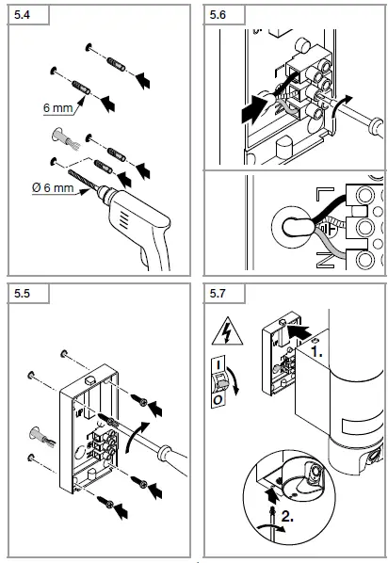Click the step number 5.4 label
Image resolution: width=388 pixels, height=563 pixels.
point(22,15)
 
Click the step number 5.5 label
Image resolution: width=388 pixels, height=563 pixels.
point(22,294)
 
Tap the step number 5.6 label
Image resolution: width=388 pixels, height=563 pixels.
point(218,15)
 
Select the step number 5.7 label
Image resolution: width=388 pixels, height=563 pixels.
point(218,294)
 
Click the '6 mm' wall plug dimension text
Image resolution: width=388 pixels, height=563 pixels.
point(57,107)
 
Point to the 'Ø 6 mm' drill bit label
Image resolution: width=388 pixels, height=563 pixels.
point(53,187)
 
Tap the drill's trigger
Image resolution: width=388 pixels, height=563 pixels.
point(144,256)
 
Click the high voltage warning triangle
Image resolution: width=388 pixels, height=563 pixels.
point(227,332)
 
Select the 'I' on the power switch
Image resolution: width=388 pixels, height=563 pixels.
point(218,364)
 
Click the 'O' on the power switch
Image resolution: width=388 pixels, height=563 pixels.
point(218,399)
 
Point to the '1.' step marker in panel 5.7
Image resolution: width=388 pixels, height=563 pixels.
point(316,352)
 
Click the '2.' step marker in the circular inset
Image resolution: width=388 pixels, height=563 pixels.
point(287,516)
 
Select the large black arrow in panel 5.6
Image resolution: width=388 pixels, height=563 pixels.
point(256,109)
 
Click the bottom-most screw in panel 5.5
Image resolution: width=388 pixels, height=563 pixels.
point(106,502)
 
